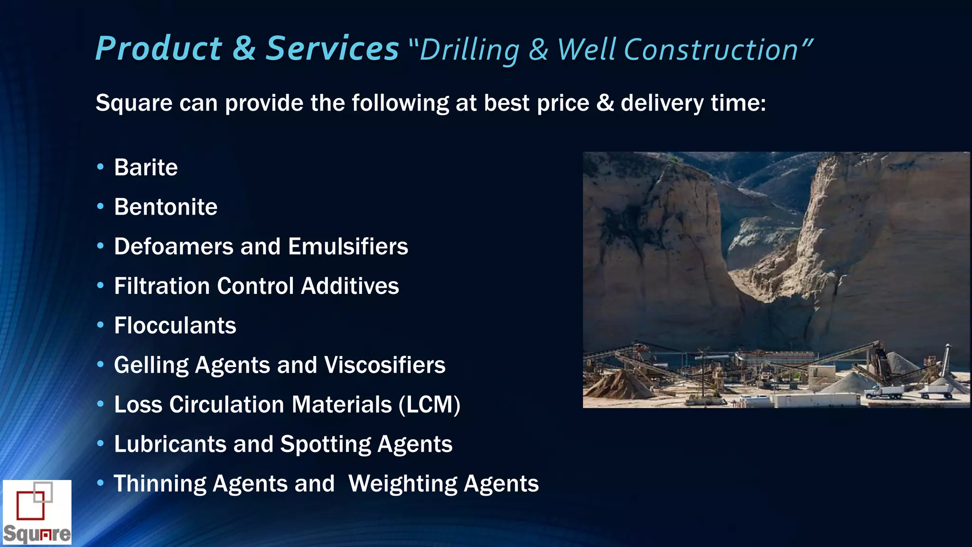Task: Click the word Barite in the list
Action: pyautogui.click(x=146, y=168)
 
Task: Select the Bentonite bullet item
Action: pyautogui.click(x=166, y=207)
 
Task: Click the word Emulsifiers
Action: pyautogui.click(x=348, y=246)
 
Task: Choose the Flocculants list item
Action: pyautogui.click(x=175, y=326)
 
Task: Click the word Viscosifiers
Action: pyautogui.click(x=384, y=365)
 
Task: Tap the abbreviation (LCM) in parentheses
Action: pyautogui.click(x=429, y=405)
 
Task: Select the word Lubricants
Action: pyautogui.click(x=170, y=444)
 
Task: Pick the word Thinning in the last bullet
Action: pyautogui.click(x=159, y=484)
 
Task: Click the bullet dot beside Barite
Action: pyautogui.click(x=100, y=167)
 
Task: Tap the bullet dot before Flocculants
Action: pyautogui.click(x=100, y=325)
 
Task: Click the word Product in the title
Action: pyautogui.click(x=159, y=48)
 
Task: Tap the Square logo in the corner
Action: pyautogui.click(x=37, y=512)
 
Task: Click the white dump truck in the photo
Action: pyautogui.click(x=884, y=392)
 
